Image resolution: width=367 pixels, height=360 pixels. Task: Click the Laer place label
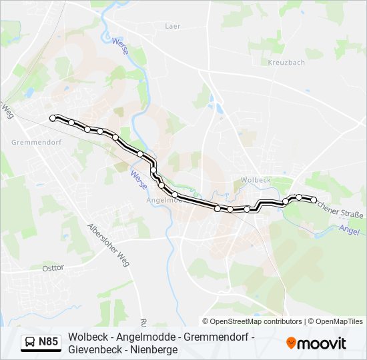point(173,26)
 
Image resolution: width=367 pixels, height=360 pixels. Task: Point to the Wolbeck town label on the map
point(256,179)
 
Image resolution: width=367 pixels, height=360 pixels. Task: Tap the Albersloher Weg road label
point(107,245)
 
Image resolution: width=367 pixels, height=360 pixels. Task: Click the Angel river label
point(350,228)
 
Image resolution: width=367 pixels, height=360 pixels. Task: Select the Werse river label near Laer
point(121,49)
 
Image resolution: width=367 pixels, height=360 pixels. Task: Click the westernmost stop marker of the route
point(53,118)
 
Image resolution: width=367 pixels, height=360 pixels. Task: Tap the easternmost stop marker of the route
point(314,199)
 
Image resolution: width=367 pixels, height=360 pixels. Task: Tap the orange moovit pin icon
point(291,343)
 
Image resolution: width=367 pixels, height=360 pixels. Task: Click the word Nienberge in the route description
point(155,349)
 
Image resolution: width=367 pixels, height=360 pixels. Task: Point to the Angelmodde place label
point(160,199)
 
